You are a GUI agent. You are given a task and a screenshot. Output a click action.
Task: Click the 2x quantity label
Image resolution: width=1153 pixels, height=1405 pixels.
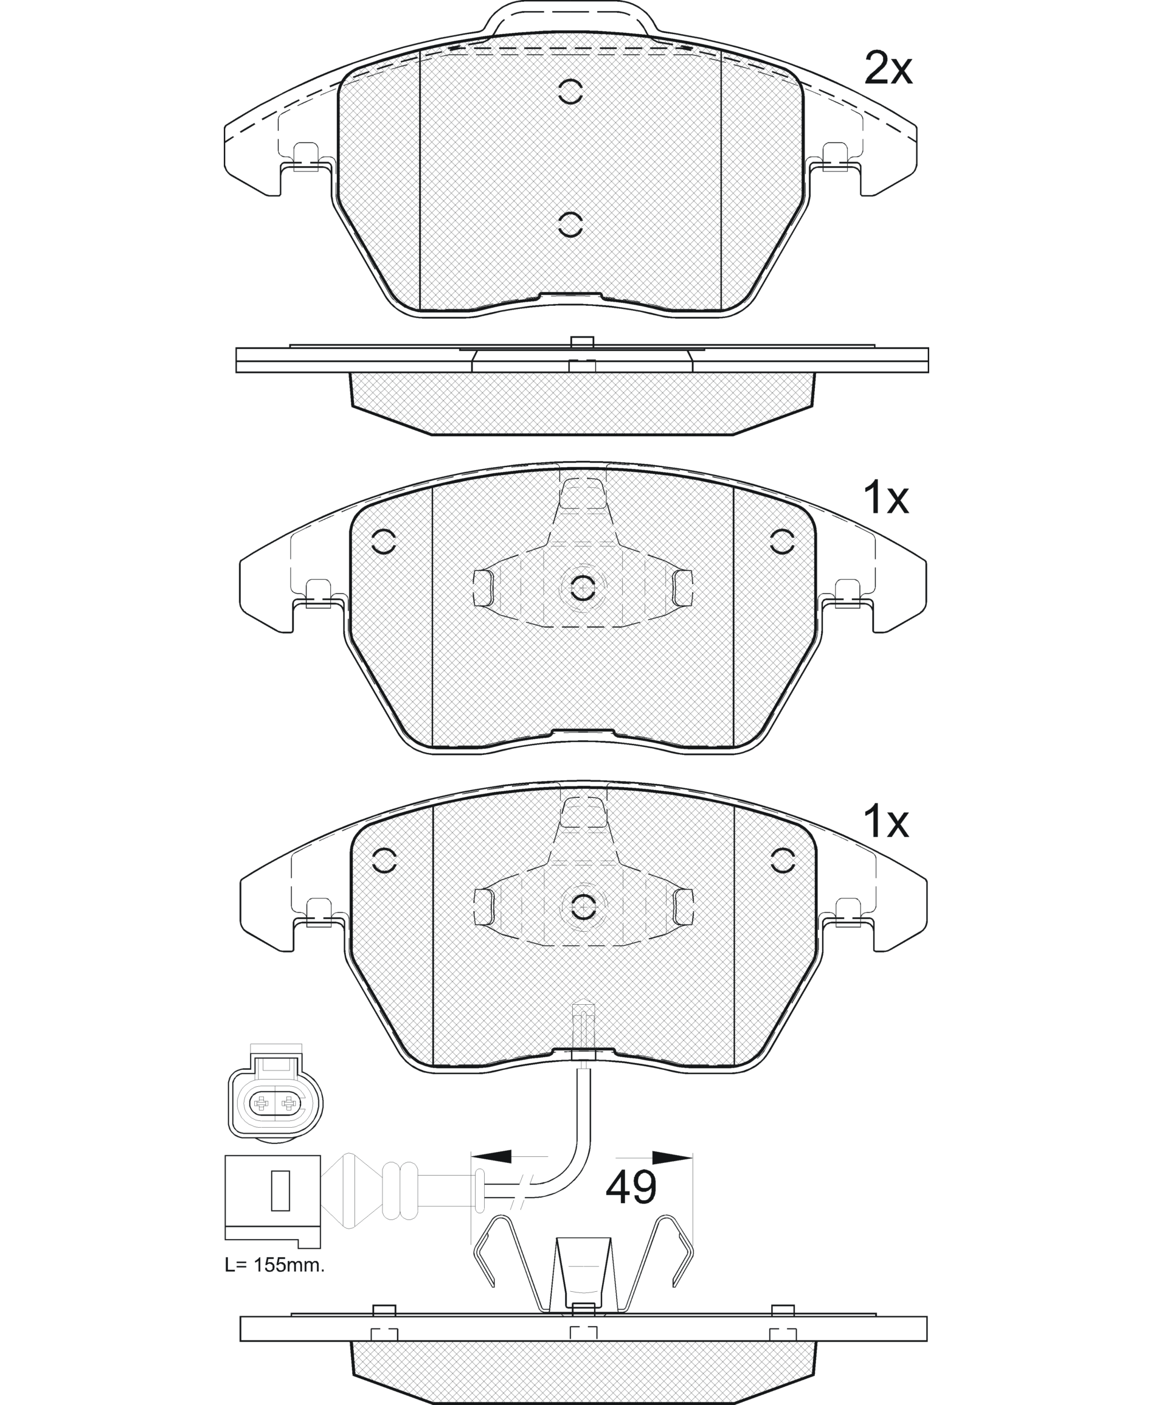pos(888,68)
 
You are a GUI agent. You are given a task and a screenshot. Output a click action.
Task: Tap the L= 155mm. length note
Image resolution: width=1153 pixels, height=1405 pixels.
pos(275,1265)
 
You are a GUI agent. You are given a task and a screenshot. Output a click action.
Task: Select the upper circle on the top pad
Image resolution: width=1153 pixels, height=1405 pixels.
pos(570,92)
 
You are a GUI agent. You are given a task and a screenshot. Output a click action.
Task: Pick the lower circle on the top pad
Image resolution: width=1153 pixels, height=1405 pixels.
pos(570,224)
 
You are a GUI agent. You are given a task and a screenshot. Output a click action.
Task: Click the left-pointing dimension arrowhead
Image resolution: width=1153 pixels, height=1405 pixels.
pos(491,1157)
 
